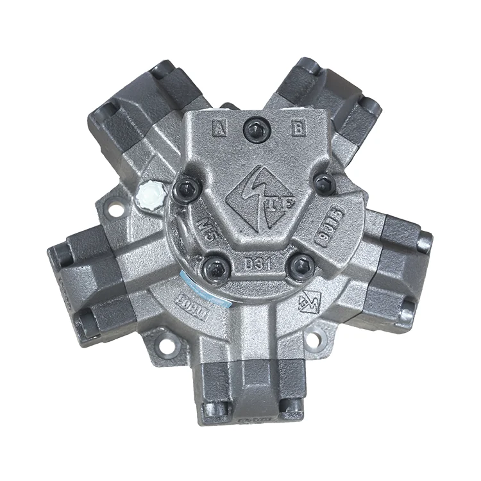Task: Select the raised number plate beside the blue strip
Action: pyautogui.click(x=190, y=301)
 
